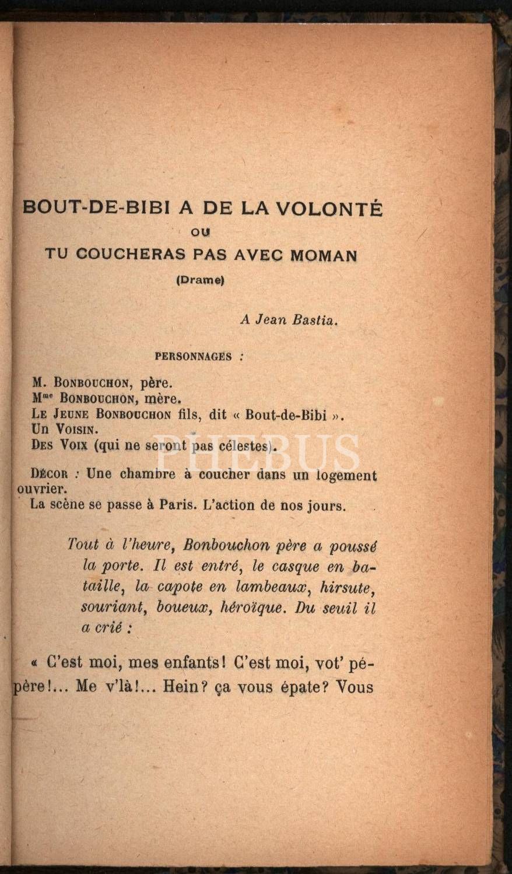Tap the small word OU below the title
[x=202, y=232]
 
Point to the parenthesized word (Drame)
[x=201, y=280]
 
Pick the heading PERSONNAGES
[x=193, y=357]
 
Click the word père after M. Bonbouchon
[x=157, y=384]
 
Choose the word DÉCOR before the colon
[x=51, y=474]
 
